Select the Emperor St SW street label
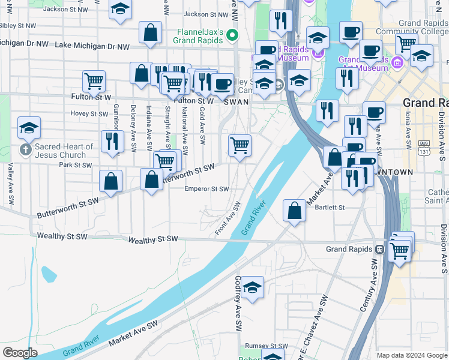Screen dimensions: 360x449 pyautogui.click(x=207, y=189)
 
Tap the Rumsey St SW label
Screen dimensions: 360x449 pyautogui.click(x=266, y=346)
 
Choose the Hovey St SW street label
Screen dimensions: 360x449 pyautogui.click(x=88, y=113)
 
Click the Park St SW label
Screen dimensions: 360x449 pyautogui.click(x=75, y=164)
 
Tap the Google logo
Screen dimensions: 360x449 pyautogui.click(x=20, y=352)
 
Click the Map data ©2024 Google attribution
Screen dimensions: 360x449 pyautogui.click(x=412, y=355)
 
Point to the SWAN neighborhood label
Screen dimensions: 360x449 pyautogui.click(x=236, y=102)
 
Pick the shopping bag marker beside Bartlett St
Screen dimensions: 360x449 pyautogui.click(x=294, y=211)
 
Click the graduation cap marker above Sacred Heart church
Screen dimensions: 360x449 pyautogui.click(x=29, y=127)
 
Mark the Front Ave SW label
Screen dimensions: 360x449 pyautogui.click(x=228, y=218)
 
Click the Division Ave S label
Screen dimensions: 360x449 pyautogui.click(x=443, y=248)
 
